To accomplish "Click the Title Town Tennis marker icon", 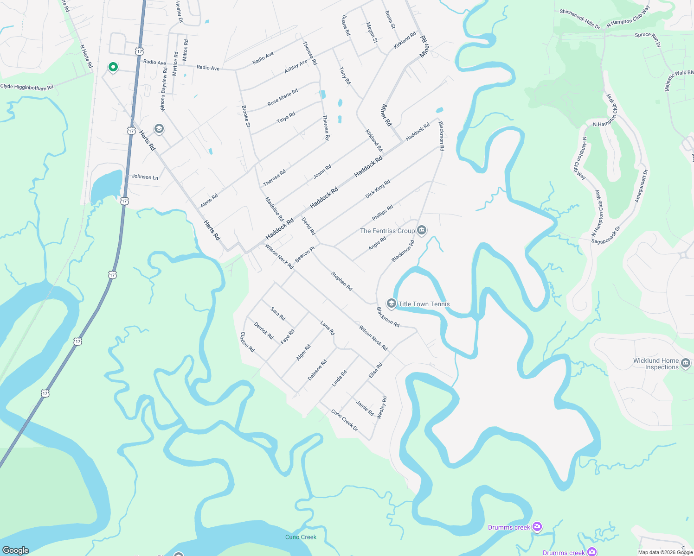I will point(391,303).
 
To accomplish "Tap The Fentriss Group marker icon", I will point(422,230).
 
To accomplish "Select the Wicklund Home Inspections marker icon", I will point(686,363).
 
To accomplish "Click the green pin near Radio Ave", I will point(113,68).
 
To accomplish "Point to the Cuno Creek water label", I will point(301,537).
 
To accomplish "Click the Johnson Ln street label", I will point(145,177).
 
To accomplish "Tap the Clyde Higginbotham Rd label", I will point(27,87).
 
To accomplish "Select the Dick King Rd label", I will point(378,189).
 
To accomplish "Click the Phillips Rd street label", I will point(382,213).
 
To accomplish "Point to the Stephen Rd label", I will point(341,281).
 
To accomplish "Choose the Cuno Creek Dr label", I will point(345,420).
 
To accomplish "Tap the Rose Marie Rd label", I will point(283,97).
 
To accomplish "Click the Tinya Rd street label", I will point(286,118).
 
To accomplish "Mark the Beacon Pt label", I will point(305,254).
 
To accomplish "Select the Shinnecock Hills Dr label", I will point(579,19).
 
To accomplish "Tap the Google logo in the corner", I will point(15,550).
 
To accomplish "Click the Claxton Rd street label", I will point(247,342).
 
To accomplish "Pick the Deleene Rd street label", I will point(317,370).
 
